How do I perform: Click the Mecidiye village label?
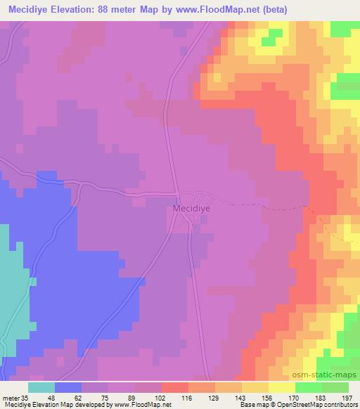pos(192,209)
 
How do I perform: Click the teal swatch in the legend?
pos(41,387)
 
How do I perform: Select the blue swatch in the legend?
pos(68,387)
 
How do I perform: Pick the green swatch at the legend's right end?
pos(335,387)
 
